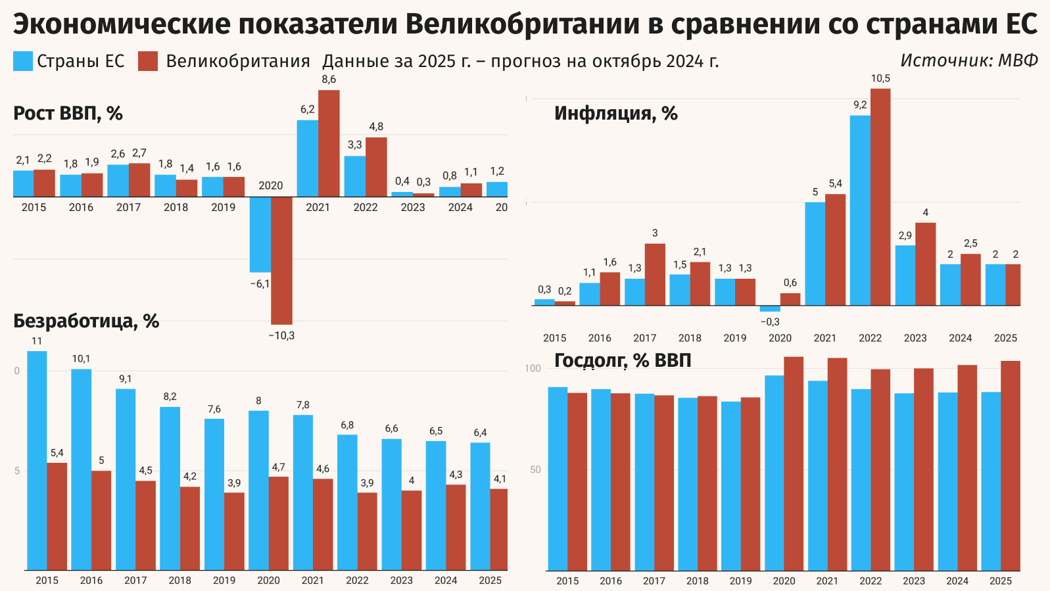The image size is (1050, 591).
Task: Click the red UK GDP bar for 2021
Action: (329, 143)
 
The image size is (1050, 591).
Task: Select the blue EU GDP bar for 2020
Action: (260, 235)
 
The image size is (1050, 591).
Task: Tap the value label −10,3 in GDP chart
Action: (281, 336)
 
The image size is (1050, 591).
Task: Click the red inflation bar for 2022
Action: (880, 197)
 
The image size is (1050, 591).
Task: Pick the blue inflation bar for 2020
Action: (770, 308)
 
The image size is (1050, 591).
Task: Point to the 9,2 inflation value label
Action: (860, 105)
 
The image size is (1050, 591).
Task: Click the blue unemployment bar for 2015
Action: (37, 460)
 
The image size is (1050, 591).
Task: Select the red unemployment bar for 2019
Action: (234, 531)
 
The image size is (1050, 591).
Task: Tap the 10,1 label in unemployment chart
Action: (81, 359)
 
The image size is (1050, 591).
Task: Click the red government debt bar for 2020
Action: (794, 463)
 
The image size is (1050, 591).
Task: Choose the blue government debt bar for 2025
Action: (991, 481)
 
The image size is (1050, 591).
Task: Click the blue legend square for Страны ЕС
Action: (23, 61)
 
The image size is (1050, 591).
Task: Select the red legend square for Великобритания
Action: (148, 61)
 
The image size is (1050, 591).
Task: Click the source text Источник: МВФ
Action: (968, 60)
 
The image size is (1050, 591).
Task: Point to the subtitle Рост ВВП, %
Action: (68, 114)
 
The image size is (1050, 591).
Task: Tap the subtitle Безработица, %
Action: (86, 321)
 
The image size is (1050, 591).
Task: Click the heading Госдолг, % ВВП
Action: (622, 361)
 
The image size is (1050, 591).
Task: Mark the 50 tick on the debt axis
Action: (535, 470)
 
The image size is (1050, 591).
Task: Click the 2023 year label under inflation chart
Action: (915, 338)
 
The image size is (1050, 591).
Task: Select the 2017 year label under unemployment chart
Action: (135, 580)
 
